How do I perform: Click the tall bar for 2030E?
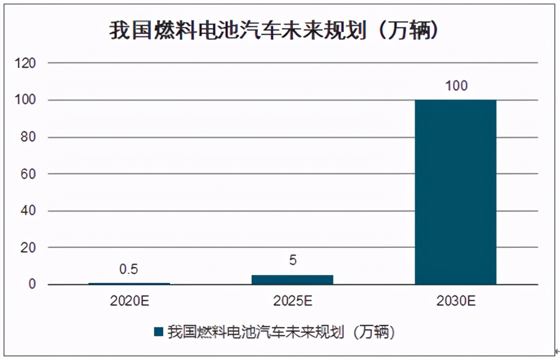pos(456,192)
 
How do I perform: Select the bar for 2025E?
pos(292,280)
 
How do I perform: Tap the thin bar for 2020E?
pos(129,283)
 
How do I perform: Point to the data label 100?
pos(456,86)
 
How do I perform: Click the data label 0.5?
pos(129,269)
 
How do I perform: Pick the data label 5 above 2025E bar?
pos(292,260)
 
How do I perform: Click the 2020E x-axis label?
pos(129,301)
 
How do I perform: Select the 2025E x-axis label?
pos(292,301)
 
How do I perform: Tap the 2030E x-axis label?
pos(456,301)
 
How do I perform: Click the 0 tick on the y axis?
pos(32,285)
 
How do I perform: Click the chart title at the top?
pos(275,31)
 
